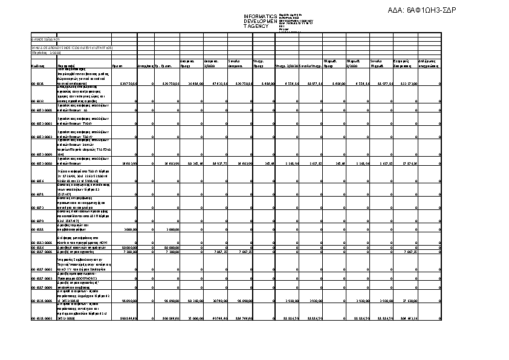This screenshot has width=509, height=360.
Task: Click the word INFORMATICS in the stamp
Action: (260, 16)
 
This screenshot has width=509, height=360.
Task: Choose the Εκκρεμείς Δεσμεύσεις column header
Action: (403, 63)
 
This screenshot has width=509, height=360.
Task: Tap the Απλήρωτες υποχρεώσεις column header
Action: (429, 63)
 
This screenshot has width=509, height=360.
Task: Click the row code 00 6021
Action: (37, 83)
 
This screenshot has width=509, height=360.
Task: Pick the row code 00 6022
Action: (37, 101)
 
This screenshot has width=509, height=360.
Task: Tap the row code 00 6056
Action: (37, 180)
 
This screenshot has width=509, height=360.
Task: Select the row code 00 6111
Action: (37, 230)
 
